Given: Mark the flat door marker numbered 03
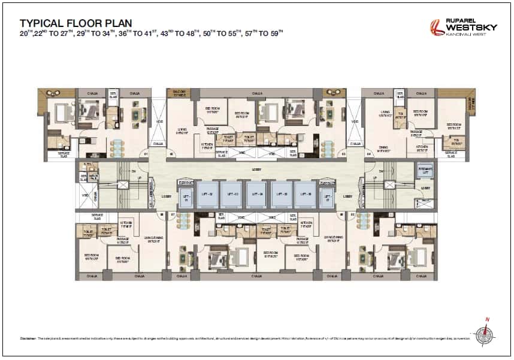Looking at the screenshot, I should point(343,154).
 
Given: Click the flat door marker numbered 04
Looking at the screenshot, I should point(368,154).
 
